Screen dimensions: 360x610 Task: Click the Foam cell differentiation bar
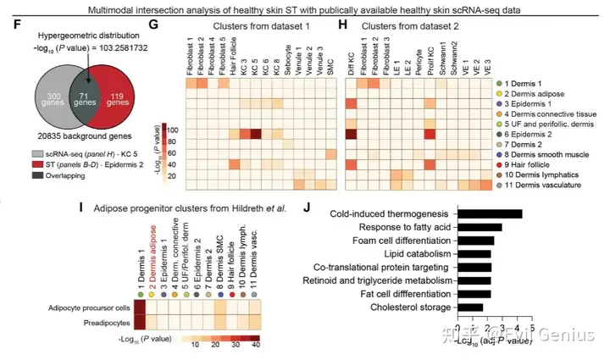475,241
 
